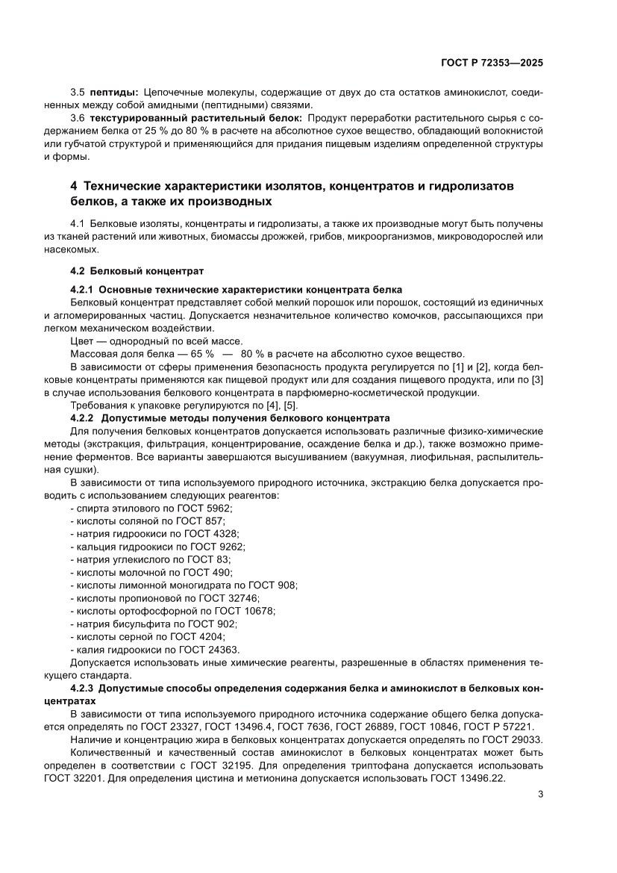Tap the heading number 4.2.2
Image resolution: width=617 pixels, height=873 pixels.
(x=82, y=417)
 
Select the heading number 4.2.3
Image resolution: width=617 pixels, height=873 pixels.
(x=82, y=688)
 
